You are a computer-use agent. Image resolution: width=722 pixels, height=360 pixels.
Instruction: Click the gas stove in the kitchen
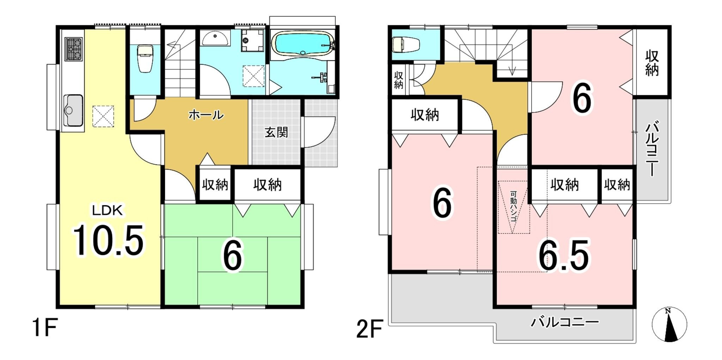tap(74, 49)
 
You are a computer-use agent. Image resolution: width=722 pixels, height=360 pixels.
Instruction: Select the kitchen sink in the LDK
tap(73, 110)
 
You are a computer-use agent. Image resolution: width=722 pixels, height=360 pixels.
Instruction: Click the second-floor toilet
tap(406, 45)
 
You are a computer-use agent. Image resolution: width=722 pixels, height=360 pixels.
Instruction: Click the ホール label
tap(206, 115)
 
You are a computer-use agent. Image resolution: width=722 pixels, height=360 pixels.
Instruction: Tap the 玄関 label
tap(276, 133)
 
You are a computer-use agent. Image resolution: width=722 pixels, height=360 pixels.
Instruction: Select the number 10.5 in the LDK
tap(108, 240)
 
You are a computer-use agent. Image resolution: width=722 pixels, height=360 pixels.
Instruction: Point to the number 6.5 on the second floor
tap(563, 255)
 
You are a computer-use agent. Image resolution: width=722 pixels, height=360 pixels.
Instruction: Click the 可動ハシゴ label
tap(513, 207)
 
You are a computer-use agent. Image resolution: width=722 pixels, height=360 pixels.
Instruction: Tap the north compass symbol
tap(669, 324)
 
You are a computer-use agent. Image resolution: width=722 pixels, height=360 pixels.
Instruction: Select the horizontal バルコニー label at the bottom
tap(565, 322)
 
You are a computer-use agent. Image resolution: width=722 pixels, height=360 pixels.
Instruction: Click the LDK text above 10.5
tap(108, 210)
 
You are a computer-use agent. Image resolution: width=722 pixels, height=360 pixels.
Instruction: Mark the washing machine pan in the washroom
tap(253, 76)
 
